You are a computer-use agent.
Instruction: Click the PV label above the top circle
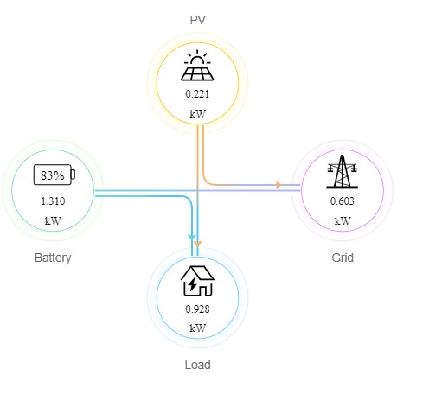pos(197,20)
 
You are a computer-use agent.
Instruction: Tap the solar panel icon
pos(197,65)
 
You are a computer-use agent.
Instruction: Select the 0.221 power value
pos(197,94)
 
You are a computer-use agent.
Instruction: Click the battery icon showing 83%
pos(54,175)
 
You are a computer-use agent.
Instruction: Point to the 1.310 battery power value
pos(53,201)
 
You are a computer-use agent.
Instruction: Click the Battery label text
pos(53,258)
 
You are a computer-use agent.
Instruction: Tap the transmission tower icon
pos(342,172)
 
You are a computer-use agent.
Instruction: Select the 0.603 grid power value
pos(343,201)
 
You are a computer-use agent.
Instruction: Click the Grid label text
pos(343,258)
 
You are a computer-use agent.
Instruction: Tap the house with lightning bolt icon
pos(197,281)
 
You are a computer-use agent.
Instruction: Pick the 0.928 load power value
pos(197,309)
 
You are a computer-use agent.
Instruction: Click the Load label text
pos(197,365)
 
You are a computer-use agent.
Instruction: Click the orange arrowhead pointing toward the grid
pos(279,185)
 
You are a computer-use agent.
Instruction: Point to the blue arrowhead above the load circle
pos(192,238)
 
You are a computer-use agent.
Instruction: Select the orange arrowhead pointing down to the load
pos(197,244)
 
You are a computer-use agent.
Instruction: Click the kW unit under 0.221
pos(197,114)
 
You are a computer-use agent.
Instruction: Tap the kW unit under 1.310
pos(53,221)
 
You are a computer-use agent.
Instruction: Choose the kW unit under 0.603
pos(343,221)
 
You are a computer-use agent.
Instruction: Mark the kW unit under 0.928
pos(197,328)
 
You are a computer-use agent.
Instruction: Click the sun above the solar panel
pos(197,57)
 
